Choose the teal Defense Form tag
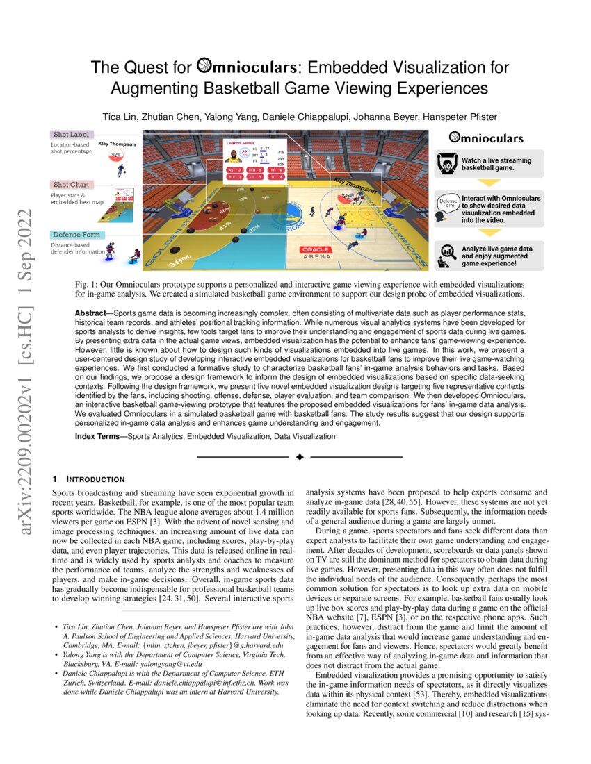(76, 235)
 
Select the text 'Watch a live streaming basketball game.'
(496, 165)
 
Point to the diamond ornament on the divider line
(300, 457)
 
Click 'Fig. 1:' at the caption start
(86, 285)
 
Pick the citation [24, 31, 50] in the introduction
(199, 597)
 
